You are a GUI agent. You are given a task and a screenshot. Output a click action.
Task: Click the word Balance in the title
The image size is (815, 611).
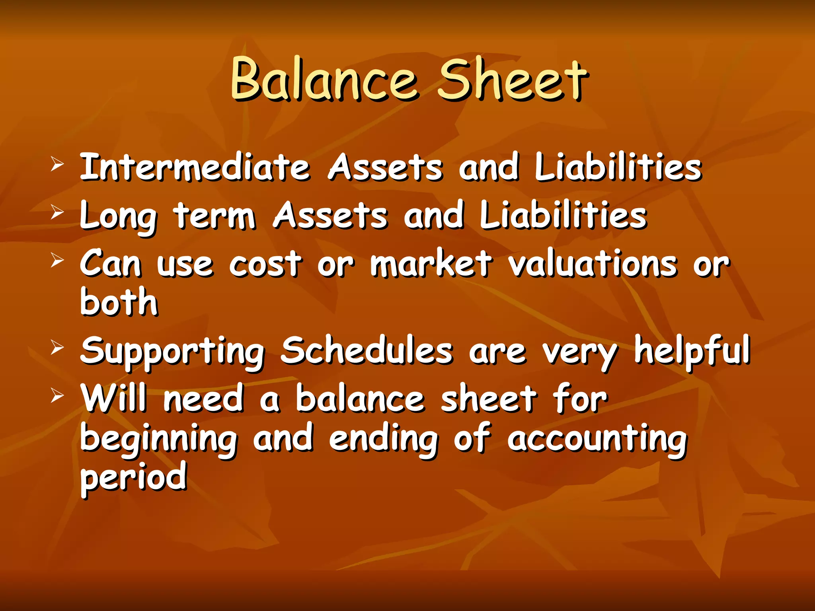(x=324, y=80)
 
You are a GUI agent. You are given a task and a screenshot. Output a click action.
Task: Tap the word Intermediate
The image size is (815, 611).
(x=195, y=167)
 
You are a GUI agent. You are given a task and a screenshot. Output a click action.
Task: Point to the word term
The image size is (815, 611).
(x=214, y=216)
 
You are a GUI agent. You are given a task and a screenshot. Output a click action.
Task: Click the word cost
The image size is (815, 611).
(x=265, y=264)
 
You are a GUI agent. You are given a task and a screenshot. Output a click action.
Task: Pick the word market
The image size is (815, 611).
(x=431, y=264)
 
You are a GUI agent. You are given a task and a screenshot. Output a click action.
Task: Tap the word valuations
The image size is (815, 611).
(x=593, y=264)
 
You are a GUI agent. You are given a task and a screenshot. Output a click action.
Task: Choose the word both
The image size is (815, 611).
(x=119, y=302)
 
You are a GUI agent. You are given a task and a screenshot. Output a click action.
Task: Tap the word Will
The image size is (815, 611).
(x=114, y=399)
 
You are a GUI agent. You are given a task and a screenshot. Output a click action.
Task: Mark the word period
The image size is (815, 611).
(x=133, y=477)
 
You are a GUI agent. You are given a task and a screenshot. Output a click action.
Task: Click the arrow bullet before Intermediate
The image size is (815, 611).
(x=57, y=164)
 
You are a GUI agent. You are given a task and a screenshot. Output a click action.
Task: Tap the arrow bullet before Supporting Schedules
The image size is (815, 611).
(x=57, y=348)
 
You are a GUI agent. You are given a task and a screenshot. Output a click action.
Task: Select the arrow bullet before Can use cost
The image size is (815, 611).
(x=57, y=261)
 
